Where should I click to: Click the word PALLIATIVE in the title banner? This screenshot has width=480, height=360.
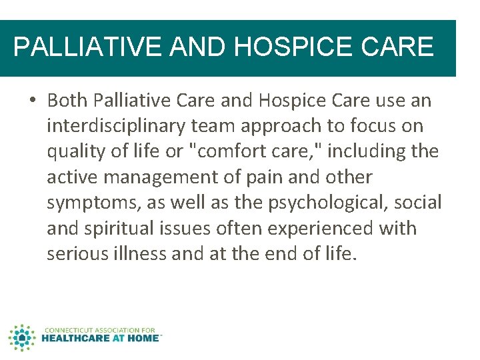click(86, 47)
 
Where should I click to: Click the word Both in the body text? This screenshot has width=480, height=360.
click(67, 101)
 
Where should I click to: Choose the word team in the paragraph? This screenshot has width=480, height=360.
click(225, 126)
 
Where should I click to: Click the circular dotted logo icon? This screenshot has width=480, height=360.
click(21, 337)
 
